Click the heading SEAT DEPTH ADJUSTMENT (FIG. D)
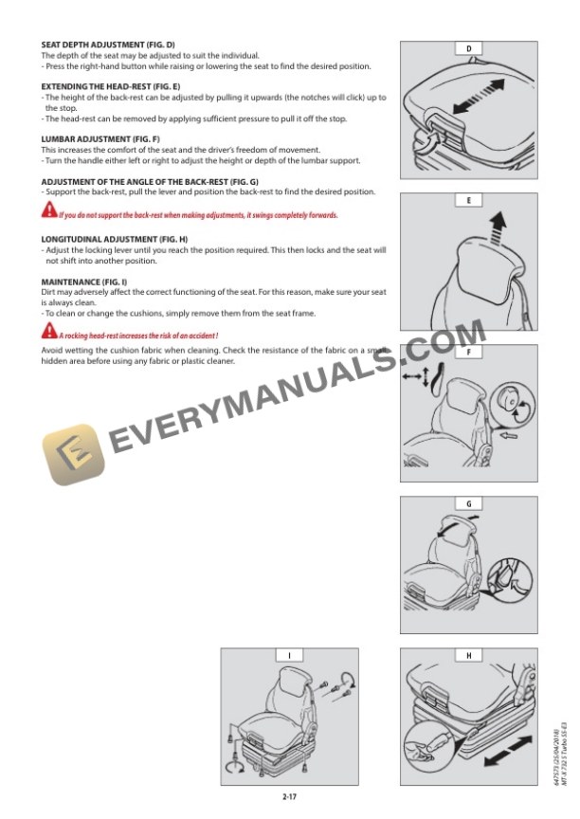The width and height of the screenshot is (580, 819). point(108,45)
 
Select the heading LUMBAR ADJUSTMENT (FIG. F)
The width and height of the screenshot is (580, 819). point(100,139)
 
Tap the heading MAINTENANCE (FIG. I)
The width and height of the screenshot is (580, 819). point(84,282)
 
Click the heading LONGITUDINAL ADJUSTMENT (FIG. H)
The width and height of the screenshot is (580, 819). point(115,239)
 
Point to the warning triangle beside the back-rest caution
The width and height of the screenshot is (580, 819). point(49,210)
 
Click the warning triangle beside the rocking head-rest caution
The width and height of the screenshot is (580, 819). point(49,331)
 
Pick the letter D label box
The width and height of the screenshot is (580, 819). point(469,48)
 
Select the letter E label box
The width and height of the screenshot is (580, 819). point(469,201)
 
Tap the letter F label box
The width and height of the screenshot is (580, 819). point(469,352)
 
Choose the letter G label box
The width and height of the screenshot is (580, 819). point(469,504)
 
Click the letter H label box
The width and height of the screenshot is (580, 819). point(469,656)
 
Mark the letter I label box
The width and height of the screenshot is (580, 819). point(289,656)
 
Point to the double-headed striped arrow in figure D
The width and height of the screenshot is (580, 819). point(480,96)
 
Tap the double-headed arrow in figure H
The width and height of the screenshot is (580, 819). point(508,751)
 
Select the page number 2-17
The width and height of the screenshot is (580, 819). point(289,796)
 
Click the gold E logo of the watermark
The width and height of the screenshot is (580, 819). point(73,454)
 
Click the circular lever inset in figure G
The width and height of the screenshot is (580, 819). point(510,580)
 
